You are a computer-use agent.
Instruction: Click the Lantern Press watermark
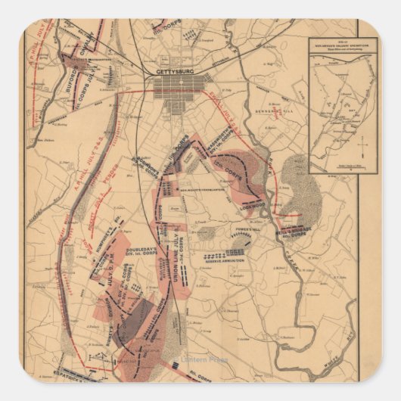[x=203, y=359]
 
